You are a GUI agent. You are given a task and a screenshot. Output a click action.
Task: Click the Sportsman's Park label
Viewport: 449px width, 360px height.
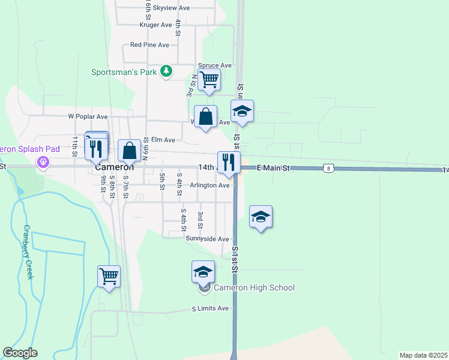pos(123,72)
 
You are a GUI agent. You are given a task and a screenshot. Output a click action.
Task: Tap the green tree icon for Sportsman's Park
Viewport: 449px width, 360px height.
pos(166,72)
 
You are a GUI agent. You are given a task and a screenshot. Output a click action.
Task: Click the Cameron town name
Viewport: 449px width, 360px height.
pos(114,168)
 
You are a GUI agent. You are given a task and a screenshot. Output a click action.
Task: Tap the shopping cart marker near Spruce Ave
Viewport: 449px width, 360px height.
pos(209,80)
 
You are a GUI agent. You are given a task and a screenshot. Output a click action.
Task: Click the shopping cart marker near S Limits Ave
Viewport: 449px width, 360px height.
pos(109,277)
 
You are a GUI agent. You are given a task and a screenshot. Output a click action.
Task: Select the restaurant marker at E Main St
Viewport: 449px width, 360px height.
pos(229,163)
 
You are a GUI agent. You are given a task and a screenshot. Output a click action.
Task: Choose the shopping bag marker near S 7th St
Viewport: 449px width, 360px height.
pos(129,151)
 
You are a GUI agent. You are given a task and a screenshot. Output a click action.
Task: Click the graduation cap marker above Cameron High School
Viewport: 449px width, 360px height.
pos(203,272)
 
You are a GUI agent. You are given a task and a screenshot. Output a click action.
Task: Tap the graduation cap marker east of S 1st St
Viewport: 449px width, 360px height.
pos(261,217)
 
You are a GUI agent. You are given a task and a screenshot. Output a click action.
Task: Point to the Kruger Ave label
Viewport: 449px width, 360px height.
pos(155,25)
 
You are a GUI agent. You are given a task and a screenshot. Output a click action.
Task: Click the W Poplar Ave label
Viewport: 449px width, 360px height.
pos(88,116)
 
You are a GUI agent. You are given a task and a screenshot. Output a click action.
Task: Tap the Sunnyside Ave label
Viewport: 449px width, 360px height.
pos(208,239)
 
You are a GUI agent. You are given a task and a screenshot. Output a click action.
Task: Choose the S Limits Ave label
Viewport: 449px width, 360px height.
pos(211,308)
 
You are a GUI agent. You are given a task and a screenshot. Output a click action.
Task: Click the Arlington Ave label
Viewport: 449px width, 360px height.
pos(209,185)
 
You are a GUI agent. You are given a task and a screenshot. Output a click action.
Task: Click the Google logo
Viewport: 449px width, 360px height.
pos(20,353)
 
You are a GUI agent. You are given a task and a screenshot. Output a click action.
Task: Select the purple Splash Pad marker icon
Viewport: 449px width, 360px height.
pos(43,161)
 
